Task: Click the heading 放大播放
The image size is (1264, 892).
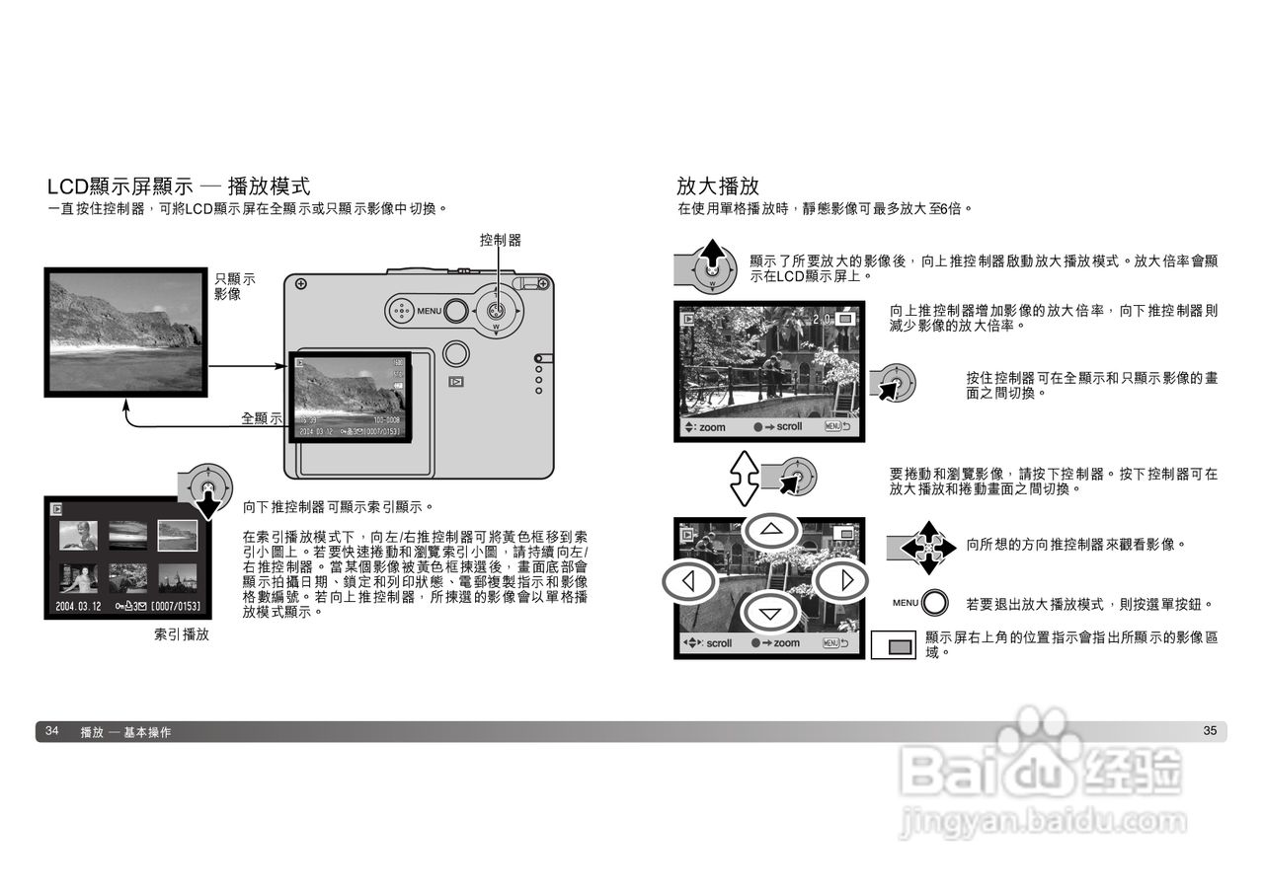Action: coord(718,186)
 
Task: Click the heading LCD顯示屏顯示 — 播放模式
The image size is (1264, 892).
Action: coord(179,186)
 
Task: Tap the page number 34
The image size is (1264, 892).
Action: coord(52,731)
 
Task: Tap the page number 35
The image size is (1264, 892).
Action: coord(1210,731)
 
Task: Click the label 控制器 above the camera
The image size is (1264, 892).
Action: coord(500,240)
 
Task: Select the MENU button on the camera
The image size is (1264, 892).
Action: coord(455,312)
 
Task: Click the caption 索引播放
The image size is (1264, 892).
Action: coord(182,634)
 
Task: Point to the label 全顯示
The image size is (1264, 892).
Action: coord(262,418)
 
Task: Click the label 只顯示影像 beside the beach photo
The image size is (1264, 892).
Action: coord(235,286)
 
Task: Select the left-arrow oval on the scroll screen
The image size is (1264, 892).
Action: coord(687,580)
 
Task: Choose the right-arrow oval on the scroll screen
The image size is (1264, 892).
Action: coord(846,580)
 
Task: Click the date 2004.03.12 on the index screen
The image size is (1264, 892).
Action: coord(78,606)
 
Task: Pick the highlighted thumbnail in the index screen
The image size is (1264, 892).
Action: coord(178,535)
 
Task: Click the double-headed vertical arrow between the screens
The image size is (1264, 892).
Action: coord(744,479)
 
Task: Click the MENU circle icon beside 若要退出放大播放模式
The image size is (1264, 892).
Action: coord(934,604)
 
